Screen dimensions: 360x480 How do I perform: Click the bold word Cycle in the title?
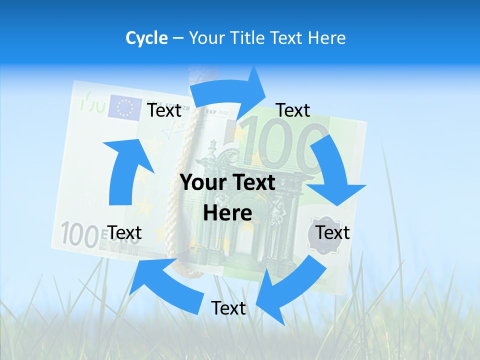pyautogui.click(x=146, y=38)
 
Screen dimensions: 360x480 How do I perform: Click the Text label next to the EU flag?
pyautogui.click(x=164, y=110)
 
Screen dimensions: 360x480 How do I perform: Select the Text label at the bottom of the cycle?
pyautogui.click(x=228, y=308)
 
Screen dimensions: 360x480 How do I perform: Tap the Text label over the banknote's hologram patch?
pyautogui.click(x=332, y=232)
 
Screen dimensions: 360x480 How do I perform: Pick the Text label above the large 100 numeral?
pyautogui.click(x=293, y=110)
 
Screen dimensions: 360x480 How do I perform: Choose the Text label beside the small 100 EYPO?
pyautogui.click(x=124, y=232)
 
